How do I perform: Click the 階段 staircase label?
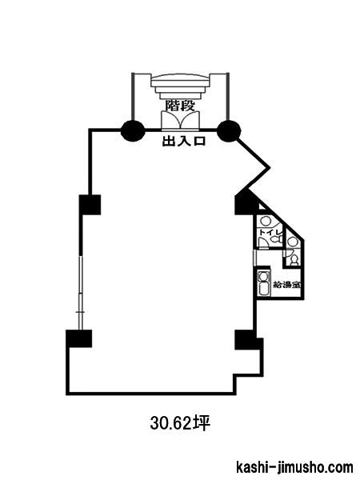tap(180, 106)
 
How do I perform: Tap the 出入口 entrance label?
tap(184, 142)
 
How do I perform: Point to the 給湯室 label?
tap(286, 285)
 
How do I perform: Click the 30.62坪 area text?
tap(180, 423)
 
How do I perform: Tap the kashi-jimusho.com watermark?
tap(294, 467)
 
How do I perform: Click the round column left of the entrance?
tap(133, 130)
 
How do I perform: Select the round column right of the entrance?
tap(229, 130)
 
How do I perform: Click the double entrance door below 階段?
tap(181, 120)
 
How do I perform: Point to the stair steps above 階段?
tap(180, 86)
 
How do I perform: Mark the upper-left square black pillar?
tap(90, 205)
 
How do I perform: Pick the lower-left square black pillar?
tap(79, 338)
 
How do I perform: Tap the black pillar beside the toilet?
tap(245, 202)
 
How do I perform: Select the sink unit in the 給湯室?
tap(263, 283)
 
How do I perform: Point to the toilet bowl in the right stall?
tap(294, 259)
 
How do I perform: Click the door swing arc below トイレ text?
tap(263, 242)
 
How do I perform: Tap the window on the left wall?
tap(81, 294)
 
